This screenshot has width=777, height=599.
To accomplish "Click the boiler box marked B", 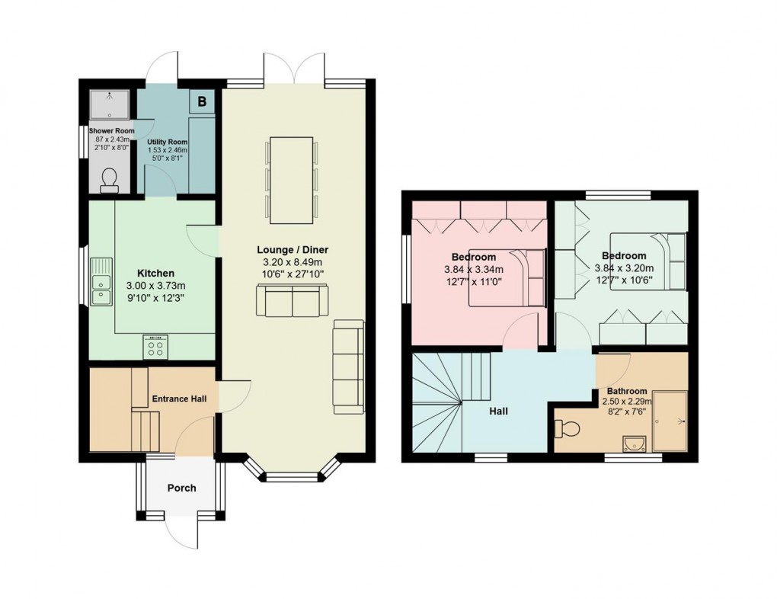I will point(203,101).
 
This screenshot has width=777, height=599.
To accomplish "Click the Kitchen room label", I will point(155,273).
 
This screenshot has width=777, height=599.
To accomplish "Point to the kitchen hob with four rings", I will point(155,347).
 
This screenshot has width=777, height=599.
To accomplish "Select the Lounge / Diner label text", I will point(293,250).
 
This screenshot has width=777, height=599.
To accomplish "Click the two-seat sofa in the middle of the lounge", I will point(293,300).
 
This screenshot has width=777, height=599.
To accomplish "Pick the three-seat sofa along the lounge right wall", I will point(349,367).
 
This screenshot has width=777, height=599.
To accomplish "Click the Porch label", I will point(181,488).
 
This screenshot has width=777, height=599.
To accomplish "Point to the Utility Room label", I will point(168,143).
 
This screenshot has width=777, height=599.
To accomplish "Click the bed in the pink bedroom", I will point(507,277).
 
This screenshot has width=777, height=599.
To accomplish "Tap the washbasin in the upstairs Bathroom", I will point(632,443).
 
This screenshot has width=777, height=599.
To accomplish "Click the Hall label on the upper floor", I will point(499,412).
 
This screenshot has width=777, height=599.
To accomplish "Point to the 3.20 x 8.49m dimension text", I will point(293,263).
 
